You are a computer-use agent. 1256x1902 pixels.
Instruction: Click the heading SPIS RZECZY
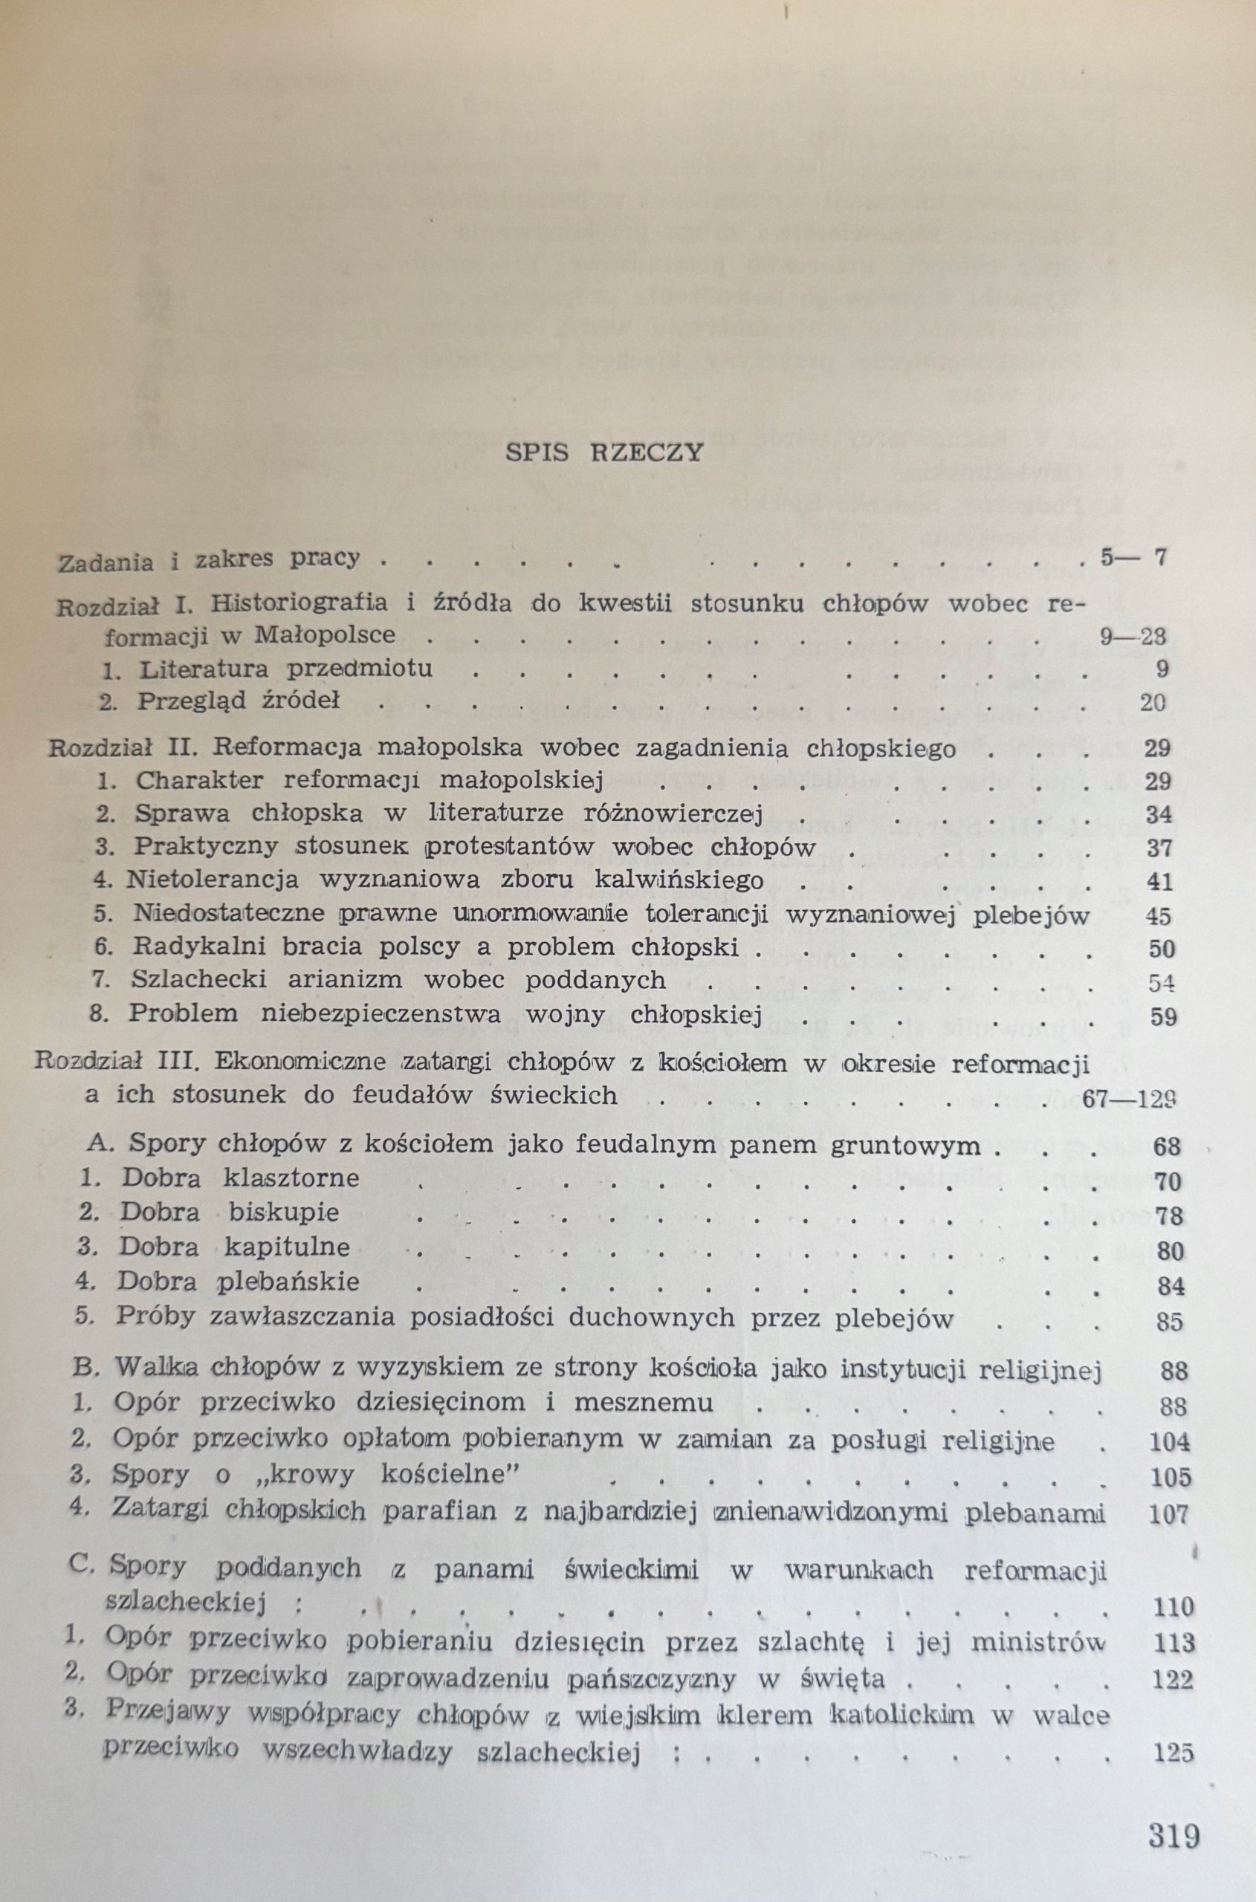(x=605, y=452)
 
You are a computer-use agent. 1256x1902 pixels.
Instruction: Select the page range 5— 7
(x=1133, y=557)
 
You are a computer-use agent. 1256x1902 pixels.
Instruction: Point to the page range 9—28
(x=1133, y=637)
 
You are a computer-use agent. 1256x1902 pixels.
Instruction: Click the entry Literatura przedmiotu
(x=285, y=669)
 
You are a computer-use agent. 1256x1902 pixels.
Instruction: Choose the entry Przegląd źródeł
(x=239, y=701)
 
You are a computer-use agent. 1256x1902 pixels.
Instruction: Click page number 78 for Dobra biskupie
(x=1169, y=1215)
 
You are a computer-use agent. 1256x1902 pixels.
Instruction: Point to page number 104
(x=1169, y=1442)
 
